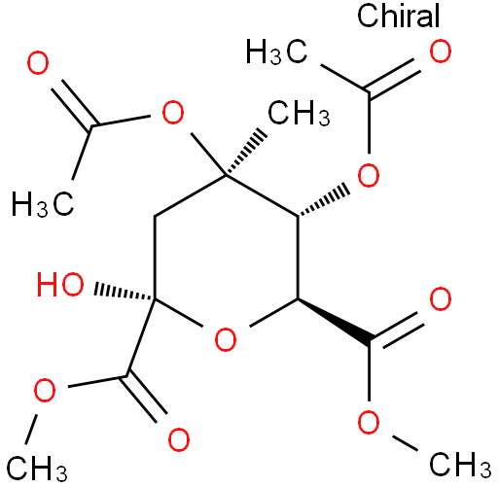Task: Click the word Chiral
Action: [398, 16]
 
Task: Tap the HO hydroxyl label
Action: [60, 284]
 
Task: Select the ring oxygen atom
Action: [226, 339]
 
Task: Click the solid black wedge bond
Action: [334, 322]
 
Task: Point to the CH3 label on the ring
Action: [299, 113]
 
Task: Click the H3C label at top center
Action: [276, 52]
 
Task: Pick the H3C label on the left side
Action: [43, 204]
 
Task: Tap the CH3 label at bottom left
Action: [36, 468]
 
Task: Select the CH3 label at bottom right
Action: [460, 465]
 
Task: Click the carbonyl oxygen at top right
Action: [441, 52]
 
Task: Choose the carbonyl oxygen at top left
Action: [38, 62]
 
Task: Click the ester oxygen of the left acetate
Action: [173, 113]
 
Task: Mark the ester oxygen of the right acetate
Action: [369, 175]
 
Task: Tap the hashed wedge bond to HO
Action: [124, 292]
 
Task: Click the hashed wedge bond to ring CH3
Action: [246, 153]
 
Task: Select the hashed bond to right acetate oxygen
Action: [323, 201]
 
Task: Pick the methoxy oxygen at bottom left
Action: [45, 391]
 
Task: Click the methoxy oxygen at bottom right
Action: [369, 423]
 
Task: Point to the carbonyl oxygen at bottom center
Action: [179, 439]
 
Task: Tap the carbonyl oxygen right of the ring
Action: [441, 298]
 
